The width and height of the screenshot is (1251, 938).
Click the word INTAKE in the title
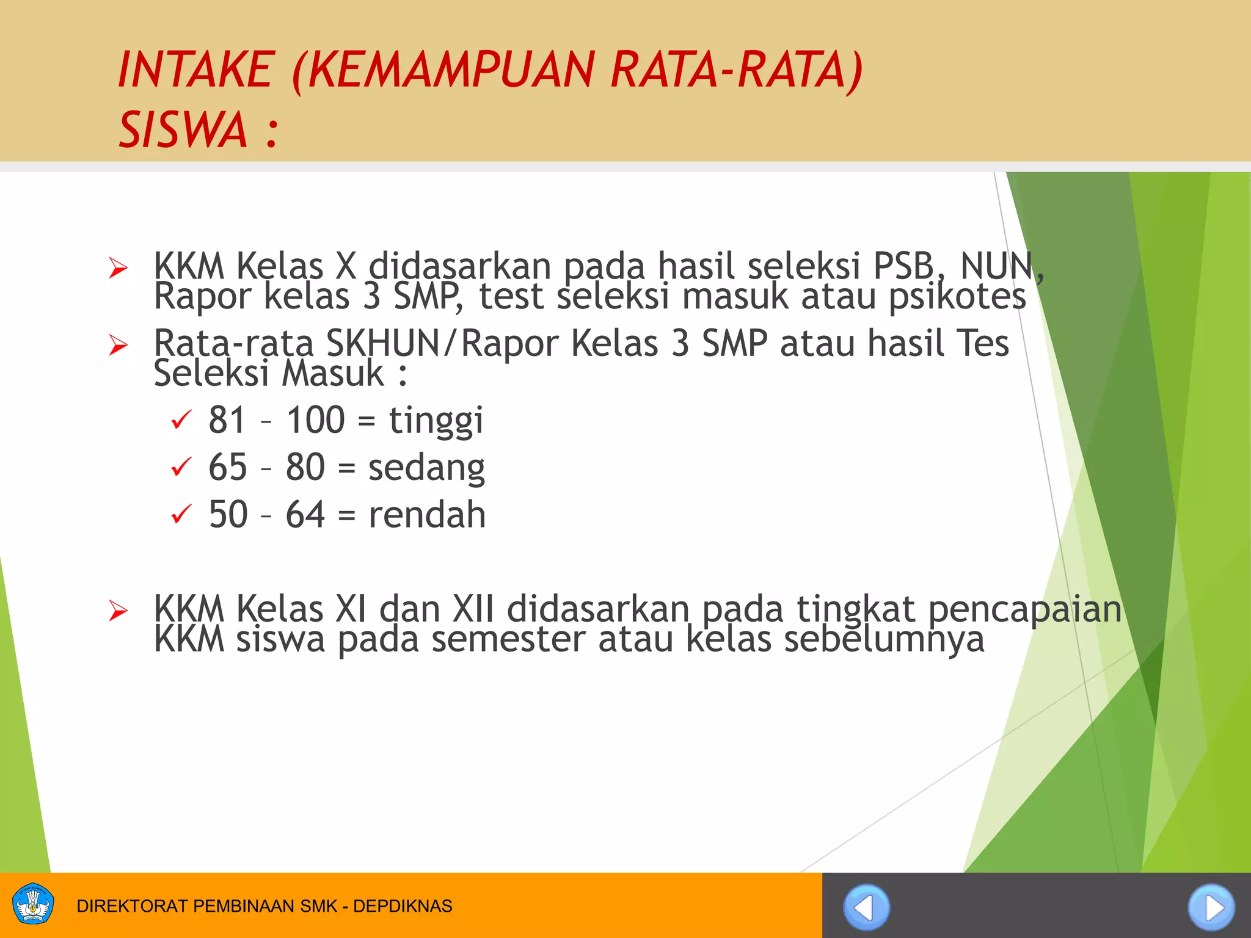point(195,70)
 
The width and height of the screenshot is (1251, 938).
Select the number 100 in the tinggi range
point(316,420)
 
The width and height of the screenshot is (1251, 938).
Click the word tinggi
point(436,421)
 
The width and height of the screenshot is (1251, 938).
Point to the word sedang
point(426,468)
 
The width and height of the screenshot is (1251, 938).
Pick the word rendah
point(427,515)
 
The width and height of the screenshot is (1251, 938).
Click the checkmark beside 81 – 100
point(181,420)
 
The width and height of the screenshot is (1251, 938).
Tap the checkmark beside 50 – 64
point(181,514)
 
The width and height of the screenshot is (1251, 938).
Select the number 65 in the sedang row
point(227,468)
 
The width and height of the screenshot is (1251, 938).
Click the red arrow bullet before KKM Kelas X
point(118,267)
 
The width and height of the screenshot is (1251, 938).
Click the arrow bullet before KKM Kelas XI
point(118,610)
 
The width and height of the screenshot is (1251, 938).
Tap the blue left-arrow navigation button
point(866,907)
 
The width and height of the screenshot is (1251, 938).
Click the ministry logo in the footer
point(33,905)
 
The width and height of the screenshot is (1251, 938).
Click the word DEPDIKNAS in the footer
point(403,906)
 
